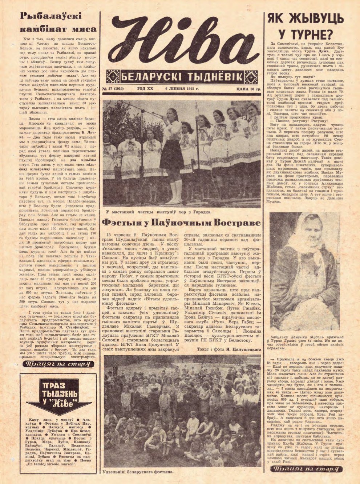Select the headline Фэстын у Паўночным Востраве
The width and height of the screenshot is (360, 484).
[181, 222]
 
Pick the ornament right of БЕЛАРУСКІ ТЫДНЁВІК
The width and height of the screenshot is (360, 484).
[251, 77]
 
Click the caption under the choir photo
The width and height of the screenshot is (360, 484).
[159, 211]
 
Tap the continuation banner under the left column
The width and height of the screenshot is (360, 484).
[58, 364]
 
